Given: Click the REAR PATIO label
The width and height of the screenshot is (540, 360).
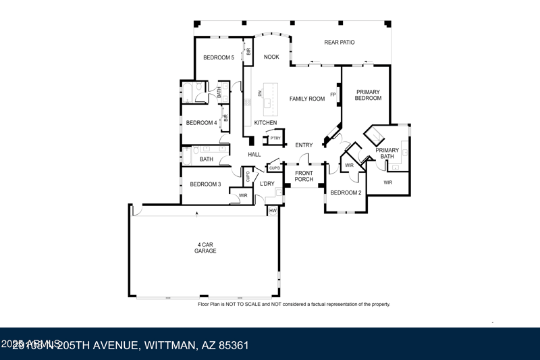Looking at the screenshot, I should click(339, 43).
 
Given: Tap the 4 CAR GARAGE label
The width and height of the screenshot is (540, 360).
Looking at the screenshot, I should click(205, 247).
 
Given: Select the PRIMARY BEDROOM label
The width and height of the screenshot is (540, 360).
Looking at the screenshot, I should click(368, 95).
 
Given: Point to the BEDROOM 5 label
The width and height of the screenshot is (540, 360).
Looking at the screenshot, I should click(219, 57).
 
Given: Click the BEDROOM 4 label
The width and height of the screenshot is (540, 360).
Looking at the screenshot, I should click(201, 123).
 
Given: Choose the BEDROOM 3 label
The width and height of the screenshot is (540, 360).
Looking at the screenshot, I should click(205, 184).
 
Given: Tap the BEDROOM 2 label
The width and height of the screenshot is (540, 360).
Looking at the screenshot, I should click(346, 192).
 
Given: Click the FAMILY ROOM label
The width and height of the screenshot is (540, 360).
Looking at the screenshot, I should click(307, 99).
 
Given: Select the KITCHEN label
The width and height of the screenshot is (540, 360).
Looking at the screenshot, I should click(265, 123).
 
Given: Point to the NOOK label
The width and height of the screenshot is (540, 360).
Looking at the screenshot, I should click(271, 57).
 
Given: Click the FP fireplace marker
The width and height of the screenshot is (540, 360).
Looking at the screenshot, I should click(333, 95).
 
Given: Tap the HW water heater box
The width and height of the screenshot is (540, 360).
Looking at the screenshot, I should click(273, 211).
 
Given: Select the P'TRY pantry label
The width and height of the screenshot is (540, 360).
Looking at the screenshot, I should click(275, 138).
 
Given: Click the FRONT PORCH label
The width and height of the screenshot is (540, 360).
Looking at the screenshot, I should click(304, 176).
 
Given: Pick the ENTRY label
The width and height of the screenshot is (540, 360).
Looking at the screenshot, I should click(304, 145).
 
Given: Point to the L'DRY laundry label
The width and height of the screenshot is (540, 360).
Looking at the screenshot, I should click(267, 184).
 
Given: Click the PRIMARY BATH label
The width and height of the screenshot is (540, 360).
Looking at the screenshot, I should click(387, 153).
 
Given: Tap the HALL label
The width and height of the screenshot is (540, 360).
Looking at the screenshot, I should click(254, 155).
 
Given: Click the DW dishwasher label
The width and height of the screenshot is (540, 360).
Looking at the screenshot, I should click(260, 94).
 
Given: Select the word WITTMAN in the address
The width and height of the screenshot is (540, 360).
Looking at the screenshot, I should click(169, 345).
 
